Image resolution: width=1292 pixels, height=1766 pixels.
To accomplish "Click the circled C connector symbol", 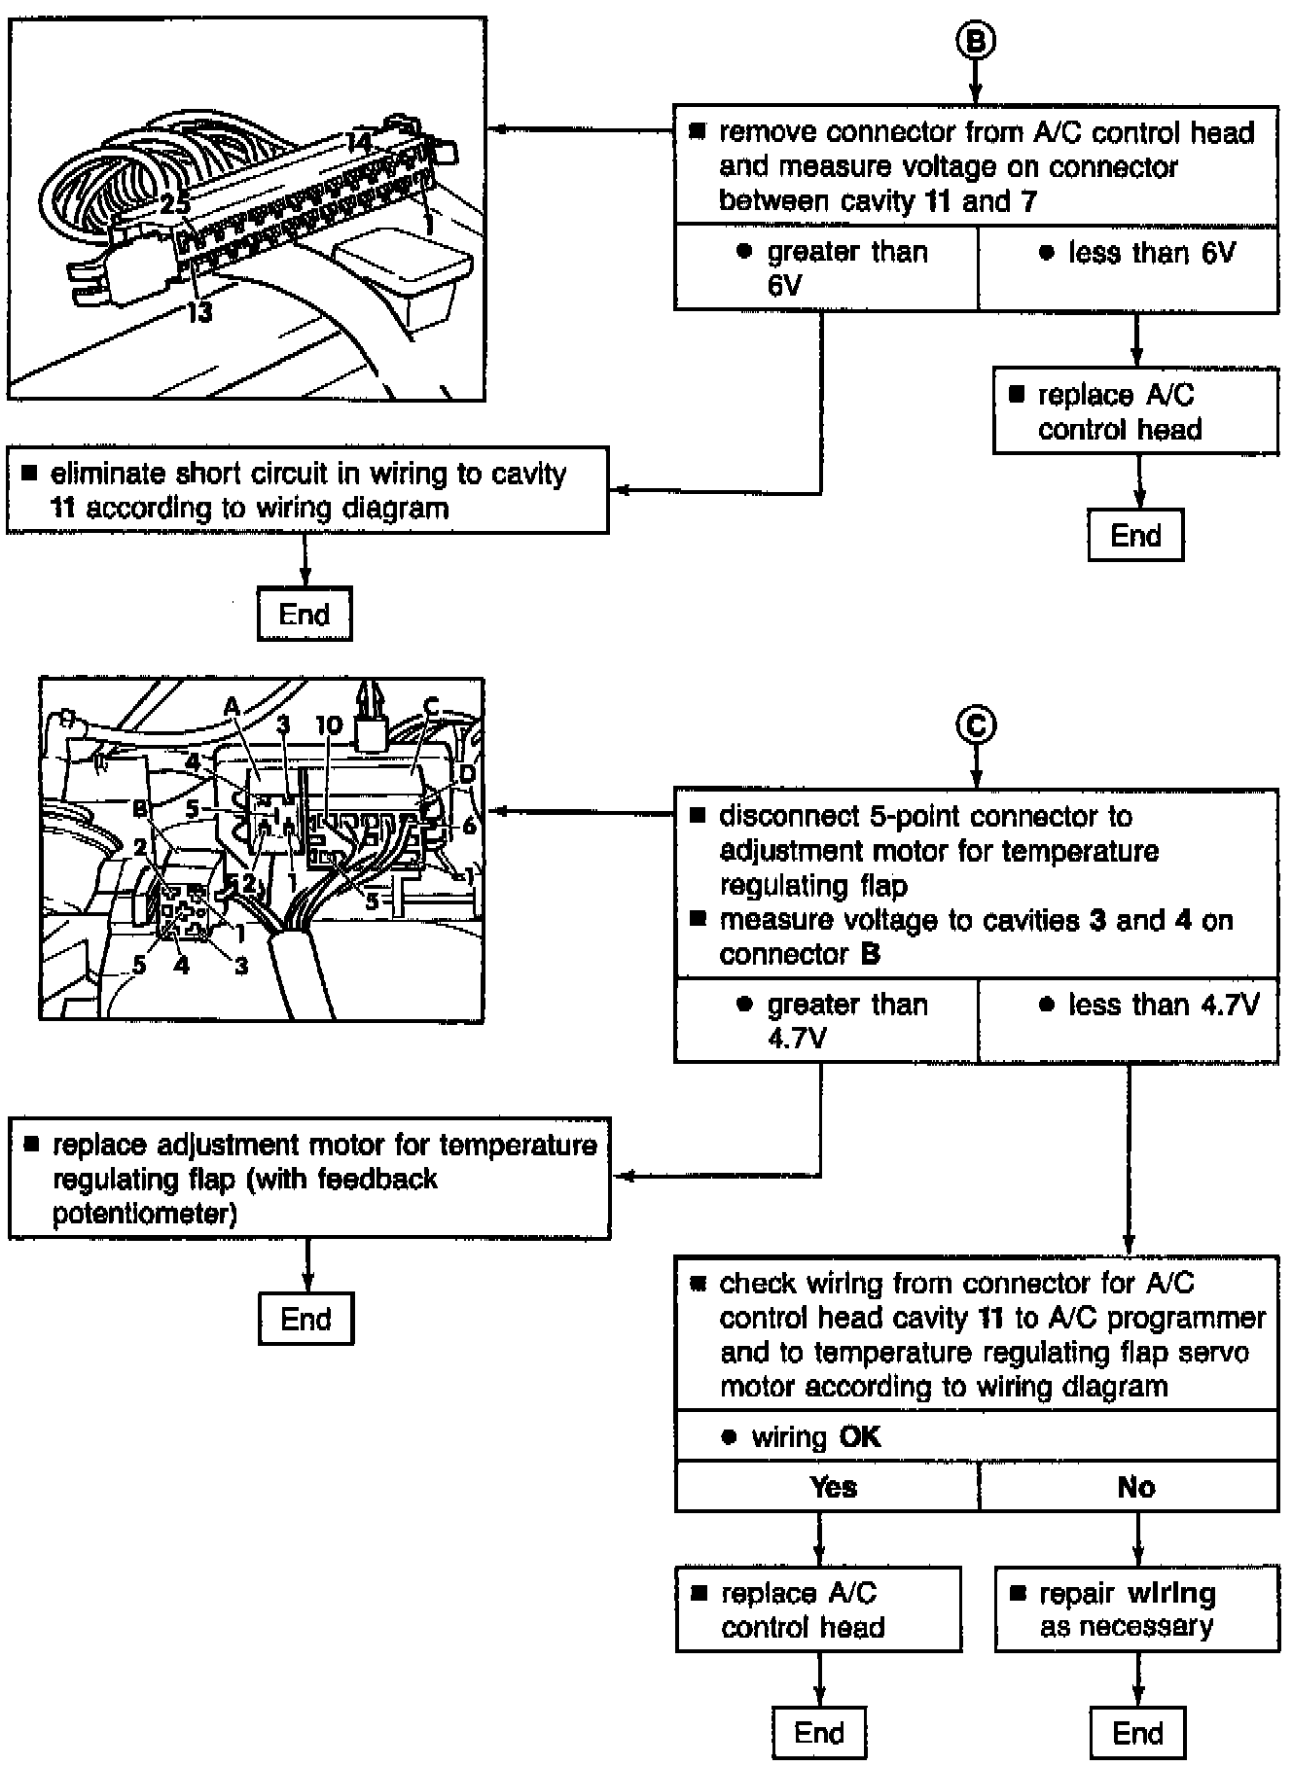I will click(976, 724).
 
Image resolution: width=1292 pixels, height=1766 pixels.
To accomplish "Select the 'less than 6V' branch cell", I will click(1128, 268).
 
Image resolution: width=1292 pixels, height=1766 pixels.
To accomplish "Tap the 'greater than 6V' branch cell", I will click(826, 268).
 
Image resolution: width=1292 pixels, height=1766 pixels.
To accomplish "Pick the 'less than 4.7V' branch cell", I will click(1128, 1020).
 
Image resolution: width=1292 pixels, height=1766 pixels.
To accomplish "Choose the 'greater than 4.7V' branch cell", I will click(826, 1020).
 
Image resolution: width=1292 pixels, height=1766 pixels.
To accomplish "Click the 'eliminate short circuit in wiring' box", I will click(307, 490).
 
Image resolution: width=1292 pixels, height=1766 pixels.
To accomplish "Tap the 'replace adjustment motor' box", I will click(310, 1179).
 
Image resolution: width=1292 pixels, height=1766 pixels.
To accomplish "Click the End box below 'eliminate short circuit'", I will click(305, 614).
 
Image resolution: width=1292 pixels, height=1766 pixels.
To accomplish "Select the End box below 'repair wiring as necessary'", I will click(1136, 1732).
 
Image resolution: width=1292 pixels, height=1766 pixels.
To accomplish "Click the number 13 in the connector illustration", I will click(199, 313).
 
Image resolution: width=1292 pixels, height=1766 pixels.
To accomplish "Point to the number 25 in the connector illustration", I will click(175, 204).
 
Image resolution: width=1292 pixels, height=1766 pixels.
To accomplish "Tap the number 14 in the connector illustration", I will click(358, 142).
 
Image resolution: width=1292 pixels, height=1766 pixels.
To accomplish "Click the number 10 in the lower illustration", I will click(329, 725).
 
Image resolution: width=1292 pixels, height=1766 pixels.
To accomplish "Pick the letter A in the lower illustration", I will click(232, 707).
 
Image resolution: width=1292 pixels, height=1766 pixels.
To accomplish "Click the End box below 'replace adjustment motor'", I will click(306, 1319).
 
